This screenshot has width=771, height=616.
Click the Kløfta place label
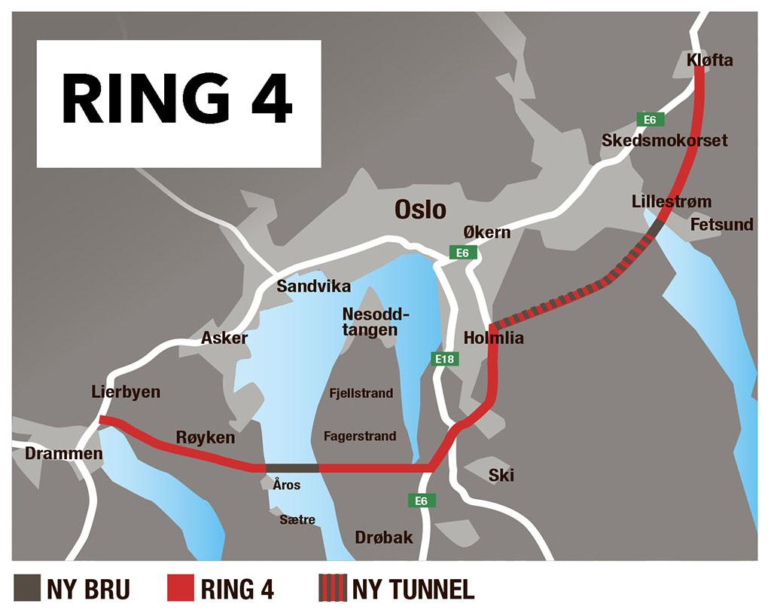tap(710, 60)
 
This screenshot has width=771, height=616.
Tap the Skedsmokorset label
tap(664, 140)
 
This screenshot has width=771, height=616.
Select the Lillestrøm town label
tap(672, 202)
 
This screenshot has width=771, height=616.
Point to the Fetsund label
tap(722, 225)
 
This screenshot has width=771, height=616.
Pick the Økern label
tap(487, 232)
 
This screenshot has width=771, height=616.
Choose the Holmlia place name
tap(494, 338)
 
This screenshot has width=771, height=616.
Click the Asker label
tap(224, 338)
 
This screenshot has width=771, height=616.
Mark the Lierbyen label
tap(126, 392)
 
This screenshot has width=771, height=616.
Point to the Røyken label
tap(206, 437)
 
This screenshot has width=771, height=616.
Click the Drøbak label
tap(384, 537)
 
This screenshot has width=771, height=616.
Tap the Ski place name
tap(501, 476)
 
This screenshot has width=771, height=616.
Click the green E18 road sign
tap(445, 359)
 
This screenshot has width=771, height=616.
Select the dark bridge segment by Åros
tap(292, 468)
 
